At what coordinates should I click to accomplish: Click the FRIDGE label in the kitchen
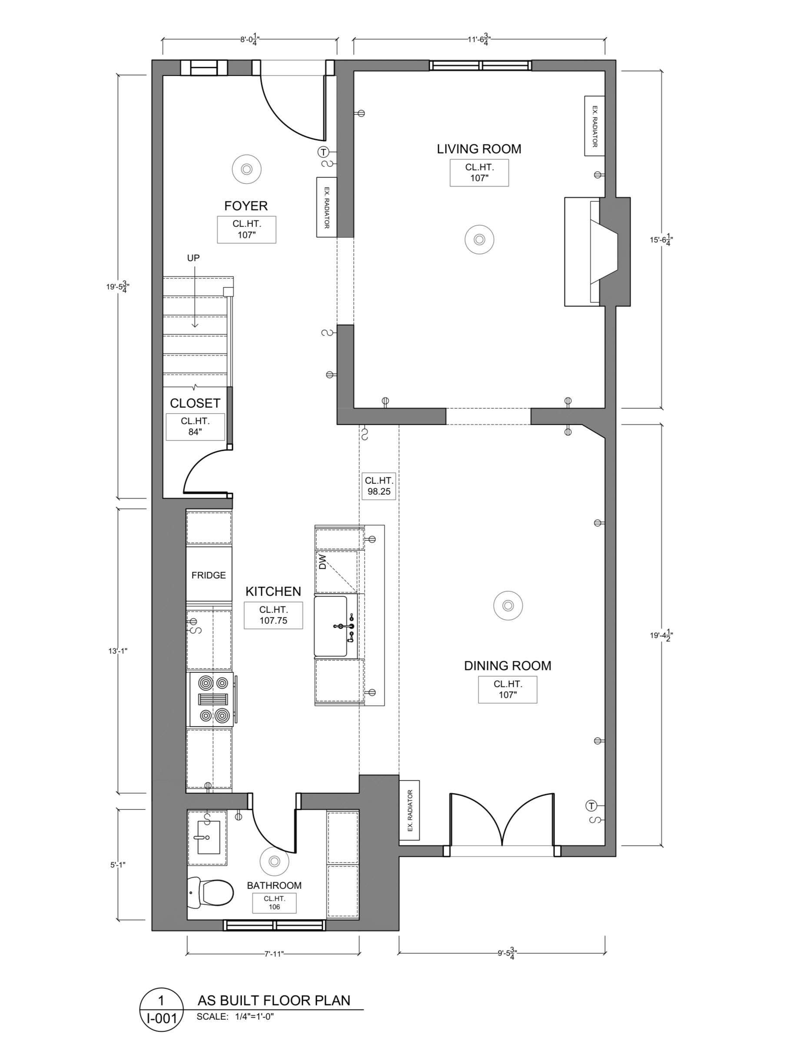point(209,575)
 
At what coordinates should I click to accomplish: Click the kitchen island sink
point(331,625)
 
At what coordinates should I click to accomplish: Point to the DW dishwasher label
point(321,562)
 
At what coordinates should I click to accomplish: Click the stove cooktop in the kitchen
point(212,699)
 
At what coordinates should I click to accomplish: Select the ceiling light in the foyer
point(247,169)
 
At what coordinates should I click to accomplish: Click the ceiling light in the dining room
point(508,606)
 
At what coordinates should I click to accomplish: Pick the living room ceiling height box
point(479,173)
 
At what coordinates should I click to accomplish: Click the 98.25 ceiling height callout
point(379,486)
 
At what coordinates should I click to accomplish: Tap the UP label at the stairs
point(193,258)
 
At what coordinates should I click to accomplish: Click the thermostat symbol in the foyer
point(324,153)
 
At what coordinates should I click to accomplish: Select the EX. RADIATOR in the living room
point(594,126)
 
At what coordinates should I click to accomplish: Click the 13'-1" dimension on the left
point(118,651)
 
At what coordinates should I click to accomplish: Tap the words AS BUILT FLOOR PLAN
point(274,1000)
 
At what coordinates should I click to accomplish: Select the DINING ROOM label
point(508,665)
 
